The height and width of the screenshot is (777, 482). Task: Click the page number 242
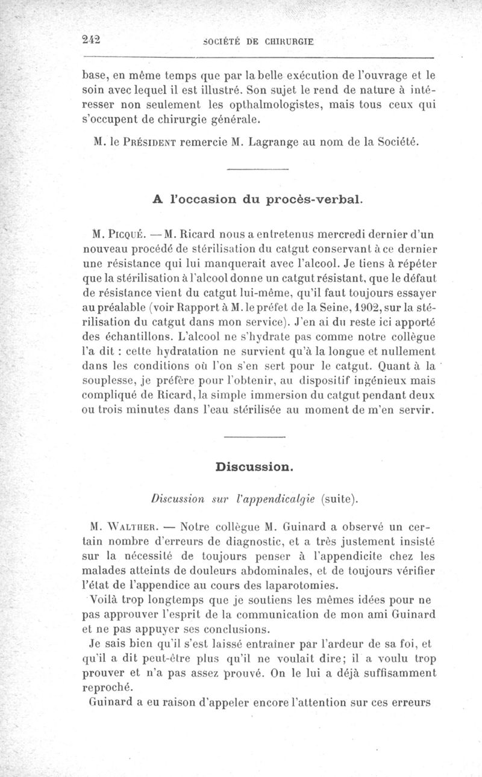91,40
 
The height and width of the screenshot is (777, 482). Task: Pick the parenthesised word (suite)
339,498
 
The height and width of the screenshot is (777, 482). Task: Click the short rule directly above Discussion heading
254,437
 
